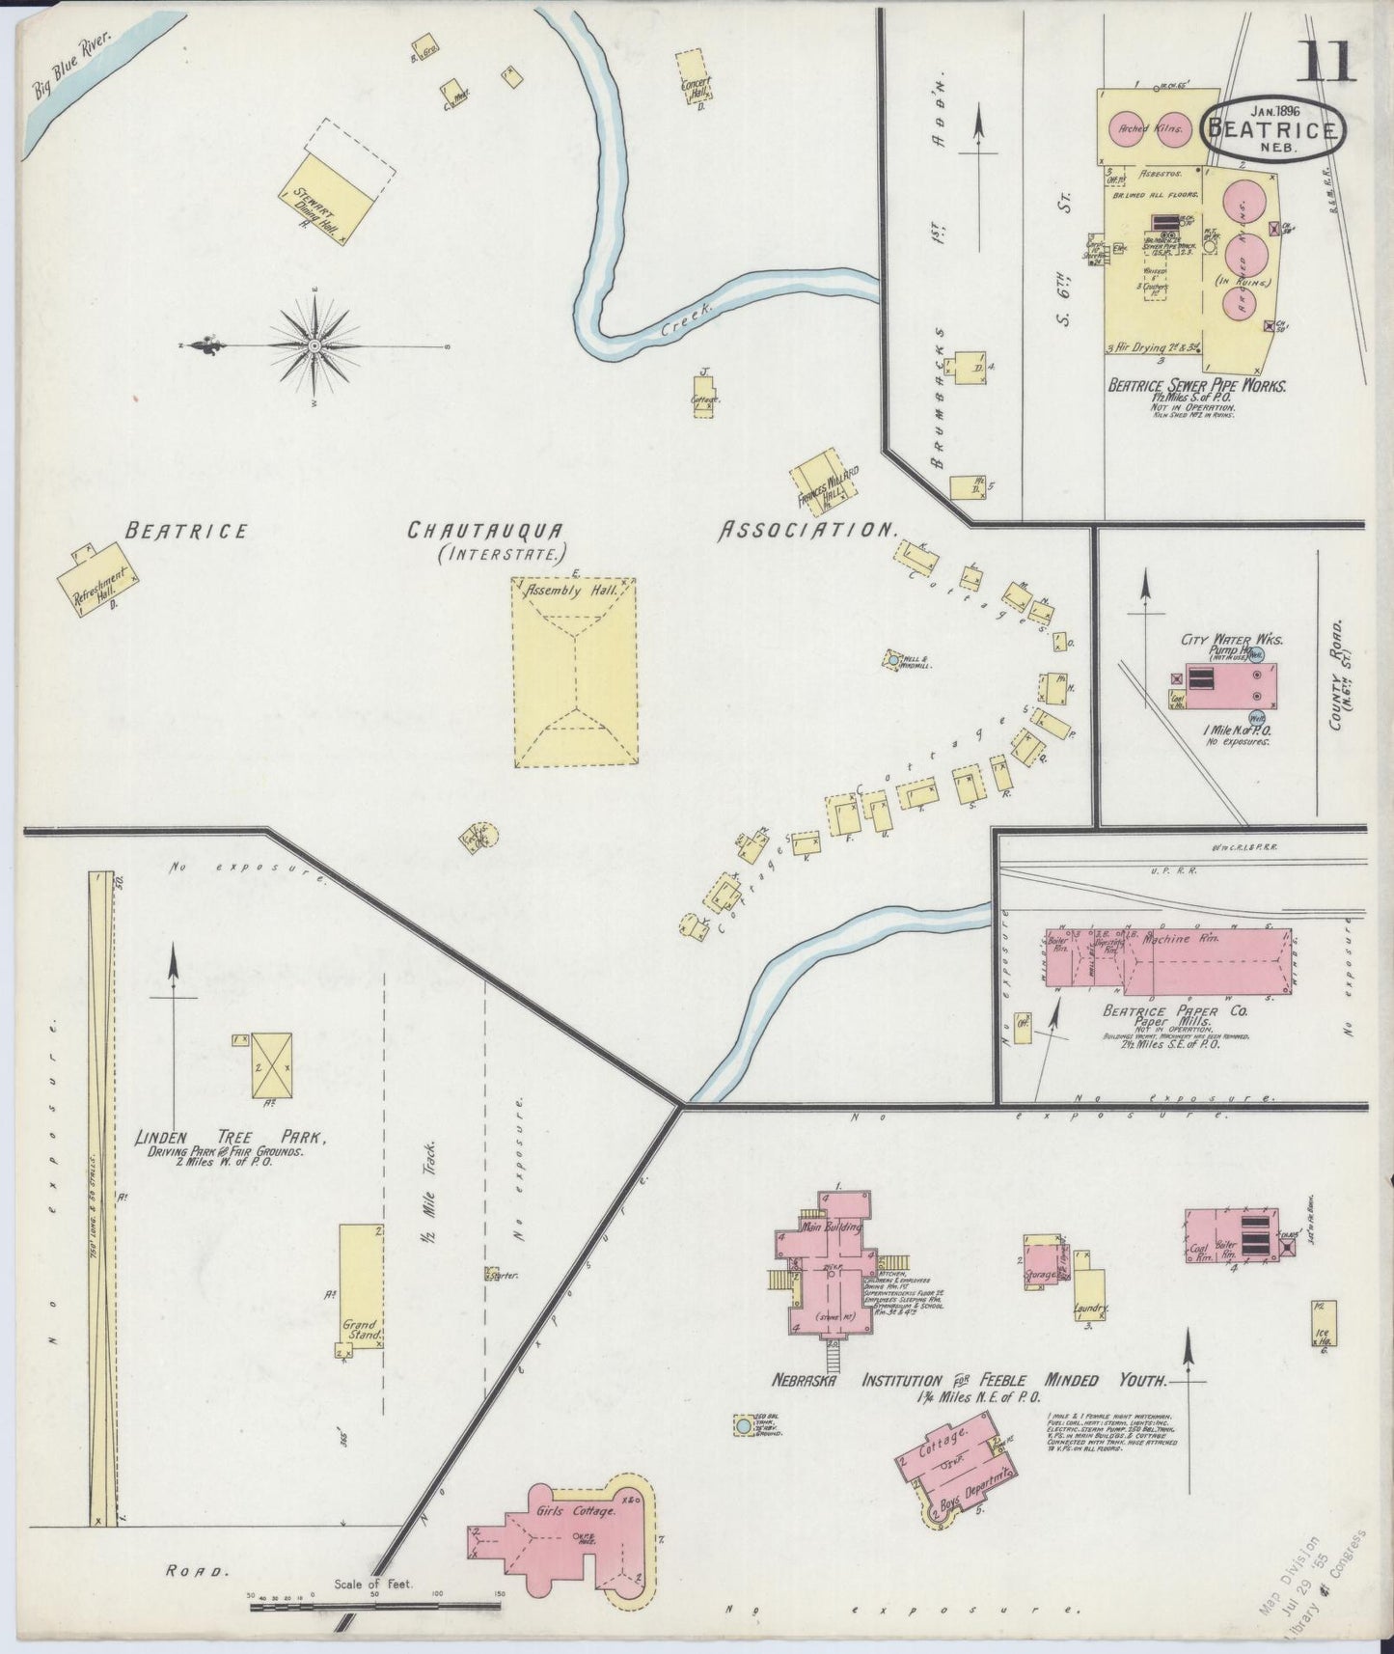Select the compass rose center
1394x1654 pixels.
[x=314, y=345]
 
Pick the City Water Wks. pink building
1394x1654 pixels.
[x=1222, y=689]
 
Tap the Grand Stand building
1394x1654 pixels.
[x=361, y=1282]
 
